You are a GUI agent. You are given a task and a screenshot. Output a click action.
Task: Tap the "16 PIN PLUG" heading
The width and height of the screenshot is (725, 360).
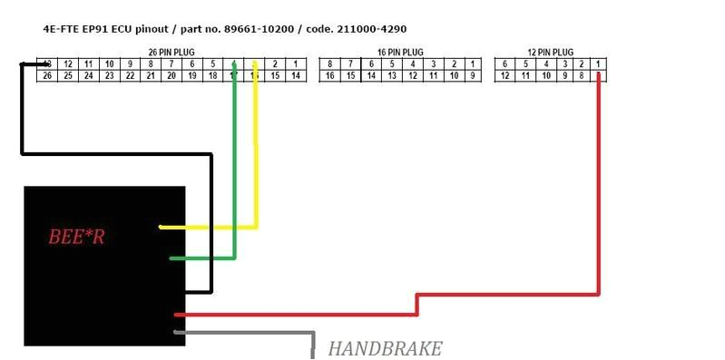(400, 53)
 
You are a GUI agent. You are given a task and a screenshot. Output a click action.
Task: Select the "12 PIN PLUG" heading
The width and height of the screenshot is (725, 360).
(550, 53)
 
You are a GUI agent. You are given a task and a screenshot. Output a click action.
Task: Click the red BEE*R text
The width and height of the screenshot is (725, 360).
(76, 238)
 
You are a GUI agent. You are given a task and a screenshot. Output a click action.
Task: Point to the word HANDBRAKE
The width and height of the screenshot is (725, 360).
(385, 348)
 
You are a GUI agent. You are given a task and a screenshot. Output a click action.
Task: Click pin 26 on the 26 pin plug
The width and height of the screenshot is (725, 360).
(47, 76)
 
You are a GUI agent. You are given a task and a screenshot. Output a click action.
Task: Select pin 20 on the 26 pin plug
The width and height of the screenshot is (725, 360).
(171, 76)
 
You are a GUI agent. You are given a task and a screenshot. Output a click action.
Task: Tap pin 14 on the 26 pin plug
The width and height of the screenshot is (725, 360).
(296, 76)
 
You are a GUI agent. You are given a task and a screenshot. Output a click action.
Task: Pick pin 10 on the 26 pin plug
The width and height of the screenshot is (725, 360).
(109, 64)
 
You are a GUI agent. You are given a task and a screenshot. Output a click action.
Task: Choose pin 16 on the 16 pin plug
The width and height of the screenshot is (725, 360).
(329, 76)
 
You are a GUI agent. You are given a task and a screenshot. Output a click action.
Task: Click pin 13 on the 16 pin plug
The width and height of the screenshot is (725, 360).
(392, 76)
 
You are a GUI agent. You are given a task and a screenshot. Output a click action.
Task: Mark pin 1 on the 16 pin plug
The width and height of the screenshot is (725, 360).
(473, 64)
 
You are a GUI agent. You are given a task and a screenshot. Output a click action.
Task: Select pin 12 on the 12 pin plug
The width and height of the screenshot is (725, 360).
(505, 76)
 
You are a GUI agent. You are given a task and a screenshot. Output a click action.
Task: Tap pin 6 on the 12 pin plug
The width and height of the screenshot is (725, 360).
(505, 64)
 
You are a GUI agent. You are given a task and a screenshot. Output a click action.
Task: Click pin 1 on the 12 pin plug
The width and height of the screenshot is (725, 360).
(599, 64)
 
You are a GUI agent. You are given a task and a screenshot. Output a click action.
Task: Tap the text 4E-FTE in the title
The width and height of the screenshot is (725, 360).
(62, 29)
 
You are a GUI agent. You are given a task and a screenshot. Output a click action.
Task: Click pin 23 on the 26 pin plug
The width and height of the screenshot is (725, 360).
(109, 76)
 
